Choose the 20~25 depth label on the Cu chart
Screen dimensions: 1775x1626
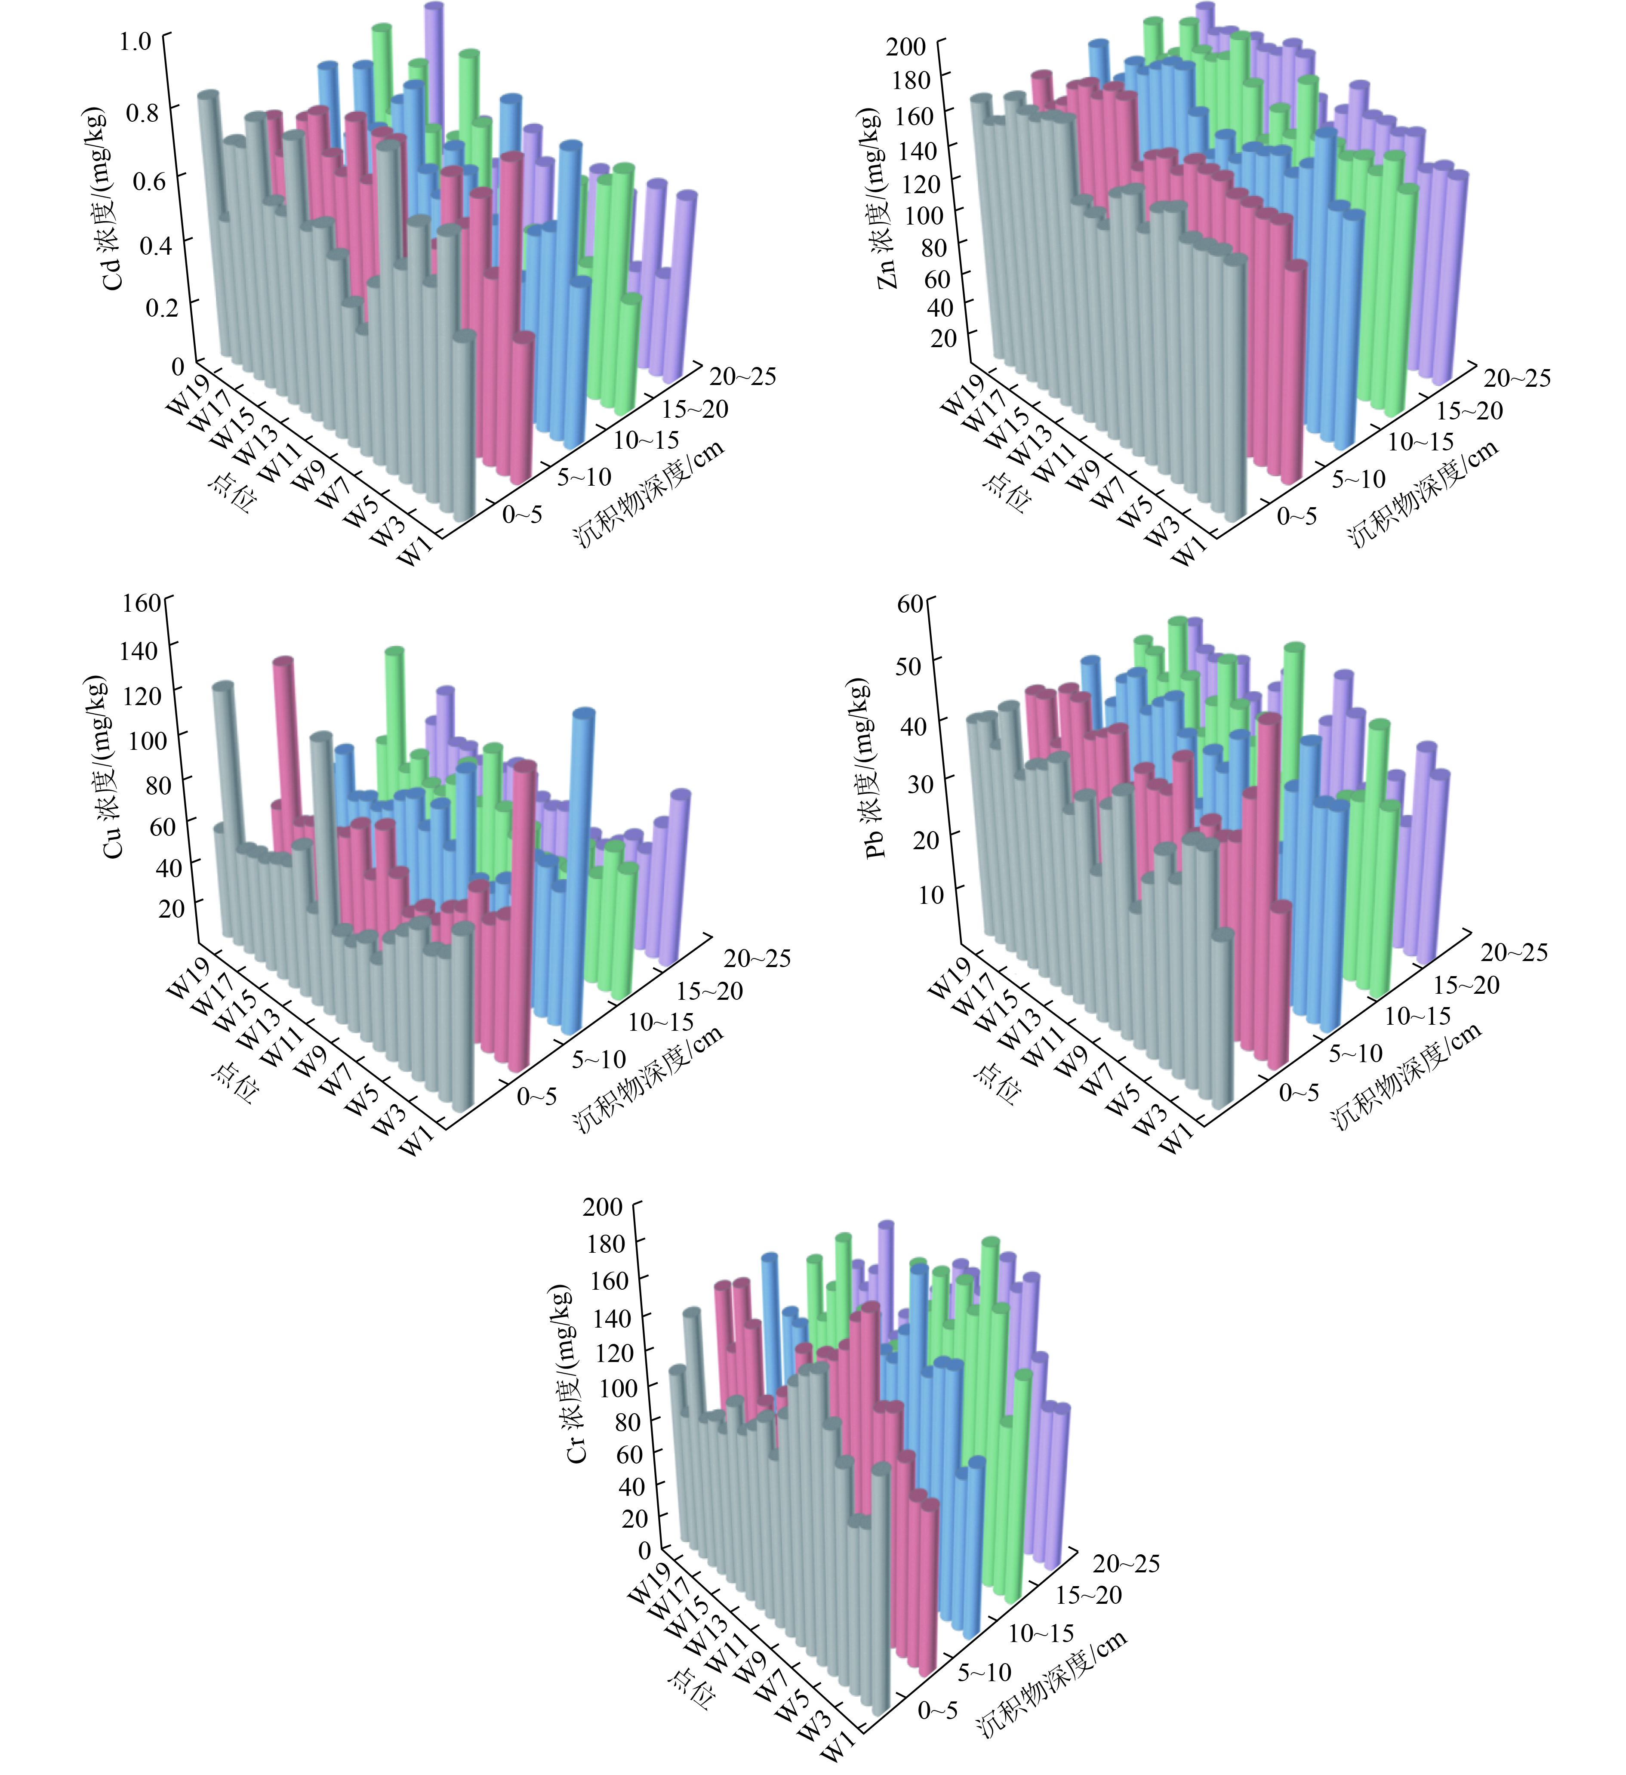757,958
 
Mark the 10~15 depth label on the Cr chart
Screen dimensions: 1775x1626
1041,1633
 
